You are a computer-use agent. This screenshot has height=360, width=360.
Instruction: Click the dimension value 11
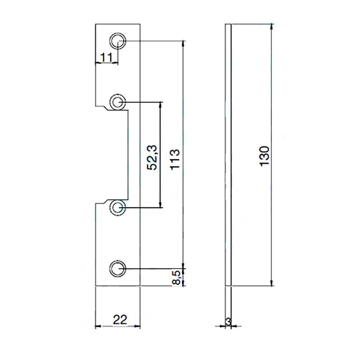[x=106, y=57]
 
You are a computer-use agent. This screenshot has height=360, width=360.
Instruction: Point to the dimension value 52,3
[x=152, y=158]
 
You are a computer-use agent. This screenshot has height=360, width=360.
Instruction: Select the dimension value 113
[x=175, y=159]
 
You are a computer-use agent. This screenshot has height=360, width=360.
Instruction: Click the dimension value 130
[x=265, y=156]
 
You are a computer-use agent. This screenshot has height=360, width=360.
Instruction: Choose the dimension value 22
[x=120, y=319]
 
